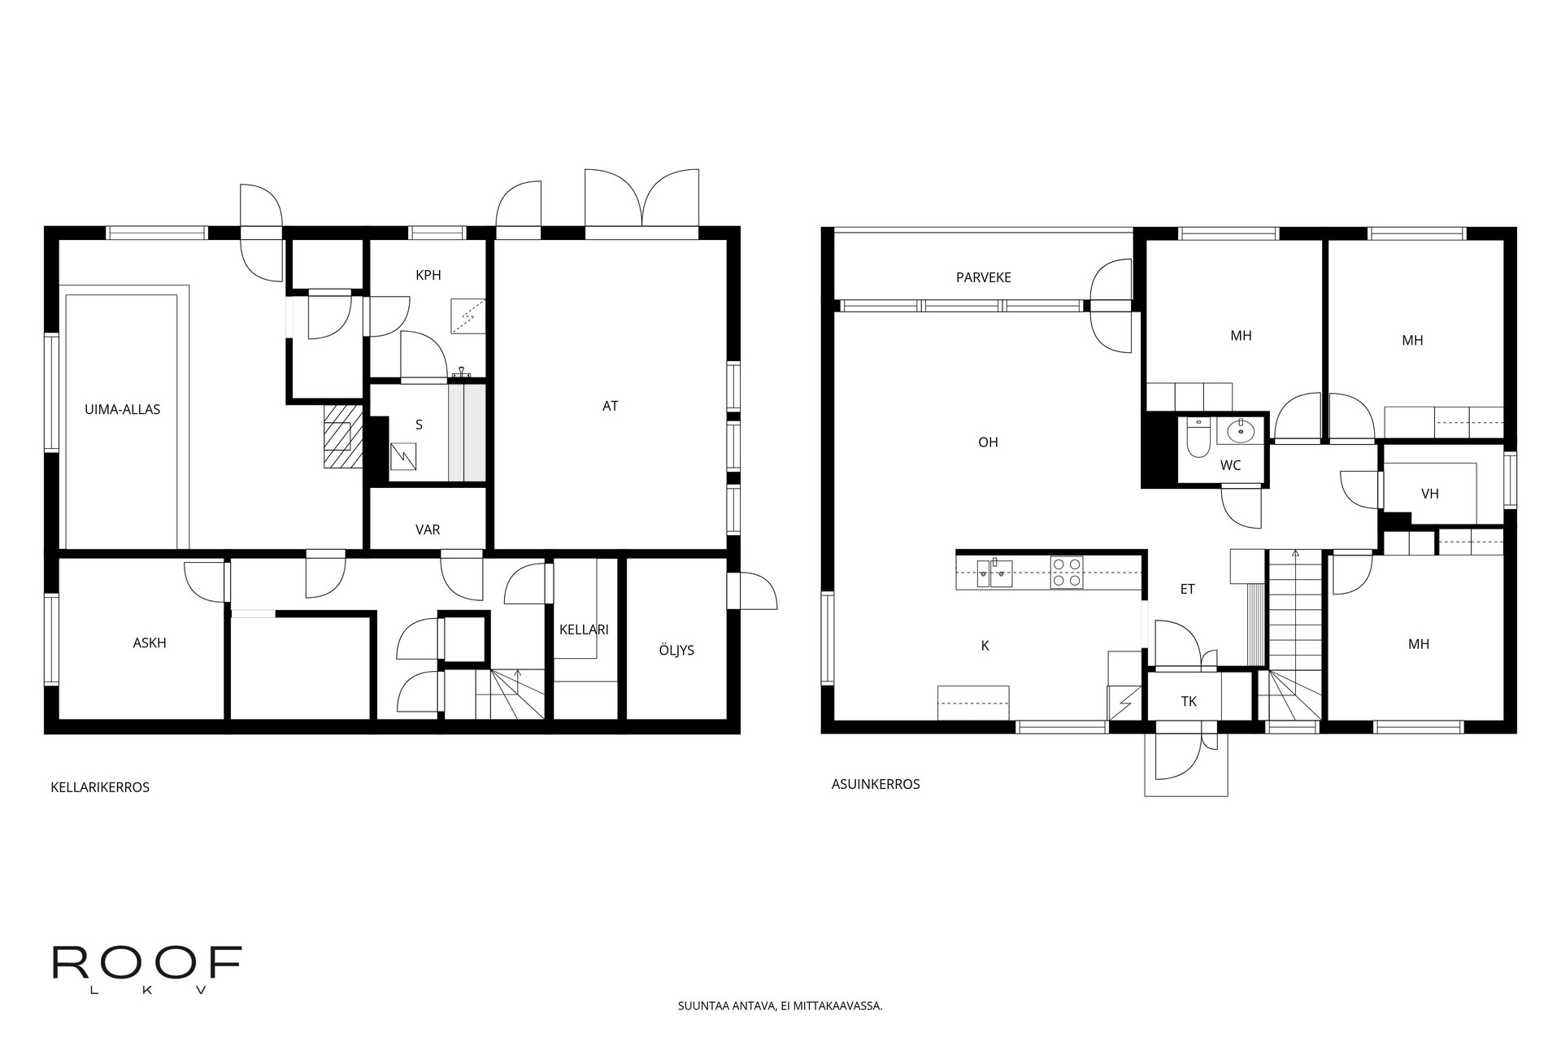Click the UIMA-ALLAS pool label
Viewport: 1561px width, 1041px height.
[123, 409]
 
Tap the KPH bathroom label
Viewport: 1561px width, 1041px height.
[428, 275]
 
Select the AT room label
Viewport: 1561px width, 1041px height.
[611, 406]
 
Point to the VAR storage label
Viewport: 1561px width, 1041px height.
[428, 529]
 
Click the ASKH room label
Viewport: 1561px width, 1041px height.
[150, 642]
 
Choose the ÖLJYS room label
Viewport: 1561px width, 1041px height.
[676, 650]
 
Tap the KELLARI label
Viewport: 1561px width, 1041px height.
[584, 629]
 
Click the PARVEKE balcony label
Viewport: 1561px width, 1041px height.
[984, 277]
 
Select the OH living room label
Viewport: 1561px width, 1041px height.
[988, 442]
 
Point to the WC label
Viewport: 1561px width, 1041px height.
[1231, 465]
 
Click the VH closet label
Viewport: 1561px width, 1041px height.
[1430, 493]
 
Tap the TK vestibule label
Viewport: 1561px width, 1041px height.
[1189, 701]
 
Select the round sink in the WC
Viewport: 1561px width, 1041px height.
[1241, 432]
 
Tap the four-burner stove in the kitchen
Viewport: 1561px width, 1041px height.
[1067, 572]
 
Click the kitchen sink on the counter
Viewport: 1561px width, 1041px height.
[994, 573]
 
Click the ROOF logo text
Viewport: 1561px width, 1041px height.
[147, 963]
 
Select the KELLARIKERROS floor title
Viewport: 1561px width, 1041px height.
[100, 787]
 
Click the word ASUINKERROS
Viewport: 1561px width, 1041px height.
[876, 784]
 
